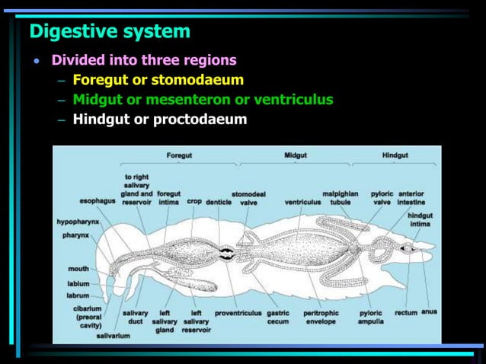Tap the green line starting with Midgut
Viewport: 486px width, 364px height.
203,99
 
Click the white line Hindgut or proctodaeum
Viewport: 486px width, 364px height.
159,119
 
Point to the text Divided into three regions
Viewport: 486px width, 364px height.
144,59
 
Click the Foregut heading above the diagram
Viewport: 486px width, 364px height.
179,155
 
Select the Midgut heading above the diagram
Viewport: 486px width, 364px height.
296,155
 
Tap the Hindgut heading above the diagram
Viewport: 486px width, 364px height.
395,155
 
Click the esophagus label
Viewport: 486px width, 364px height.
98,202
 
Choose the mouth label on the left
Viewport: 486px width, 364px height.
78,269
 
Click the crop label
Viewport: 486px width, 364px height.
194,202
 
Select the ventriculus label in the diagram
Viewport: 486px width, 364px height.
302,202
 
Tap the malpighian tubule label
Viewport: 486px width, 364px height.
341,198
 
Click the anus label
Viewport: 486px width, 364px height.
430,312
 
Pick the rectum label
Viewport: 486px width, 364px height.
405,312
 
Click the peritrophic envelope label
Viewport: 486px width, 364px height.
321,317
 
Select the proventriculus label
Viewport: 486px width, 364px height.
238,312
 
